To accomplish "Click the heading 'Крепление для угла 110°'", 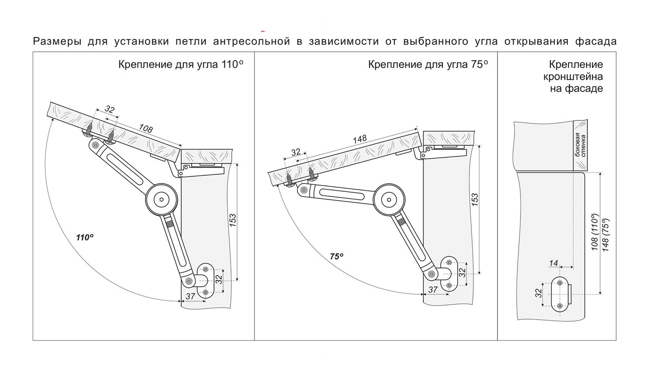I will click(180, 65).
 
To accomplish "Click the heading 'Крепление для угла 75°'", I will click(427, 65).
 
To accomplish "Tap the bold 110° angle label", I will click(85, 238).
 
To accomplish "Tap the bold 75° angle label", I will click(336, 257).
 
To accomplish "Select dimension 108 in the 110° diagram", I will click(145, 129).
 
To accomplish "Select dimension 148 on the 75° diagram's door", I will click(360, 139).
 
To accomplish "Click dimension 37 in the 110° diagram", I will click(190, 296).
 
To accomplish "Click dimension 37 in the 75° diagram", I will click(432, 290).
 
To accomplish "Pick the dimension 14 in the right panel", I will click(553, 263).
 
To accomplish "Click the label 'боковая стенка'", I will click(580, 146).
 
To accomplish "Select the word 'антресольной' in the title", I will click(252, 42).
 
